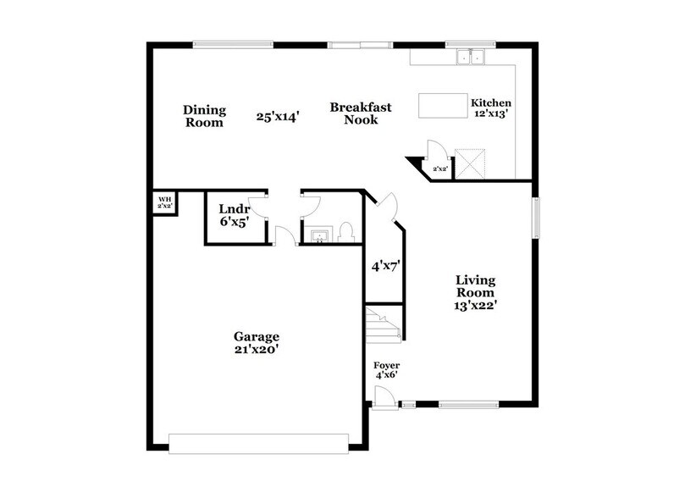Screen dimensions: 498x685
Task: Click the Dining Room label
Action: (205, 116)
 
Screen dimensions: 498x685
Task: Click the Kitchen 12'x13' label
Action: (490, 108)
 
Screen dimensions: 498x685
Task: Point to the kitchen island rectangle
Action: (443, 106)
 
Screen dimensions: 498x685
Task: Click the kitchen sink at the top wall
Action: (468, 58)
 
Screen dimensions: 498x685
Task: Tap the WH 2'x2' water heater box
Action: (164, 203)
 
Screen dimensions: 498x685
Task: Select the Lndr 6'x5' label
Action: (233, 215)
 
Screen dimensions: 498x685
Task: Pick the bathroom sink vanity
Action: (320, 233)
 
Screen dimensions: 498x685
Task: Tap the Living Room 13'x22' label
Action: (475, 293)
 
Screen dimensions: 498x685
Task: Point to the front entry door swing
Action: (383, 395)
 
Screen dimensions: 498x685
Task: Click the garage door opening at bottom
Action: (258, 443)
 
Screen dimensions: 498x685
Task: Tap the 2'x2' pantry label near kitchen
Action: (440, 170)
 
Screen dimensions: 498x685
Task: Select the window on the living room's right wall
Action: (534, 217)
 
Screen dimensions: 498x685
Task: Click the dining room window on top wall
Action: (220, 45)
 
